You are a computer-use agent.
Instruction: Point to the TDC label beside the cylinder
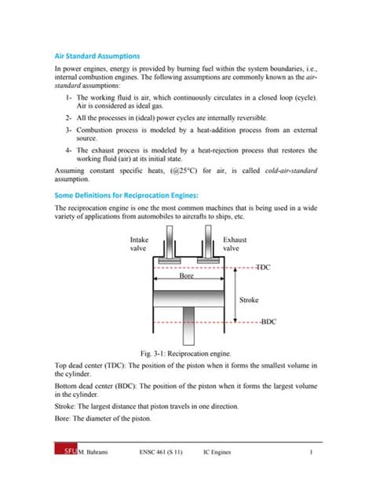(262, 267)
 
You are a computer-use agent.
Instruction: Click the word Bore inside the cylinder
(187, 277)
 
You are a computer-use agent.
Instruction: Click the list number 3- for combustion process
(70, 129)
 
